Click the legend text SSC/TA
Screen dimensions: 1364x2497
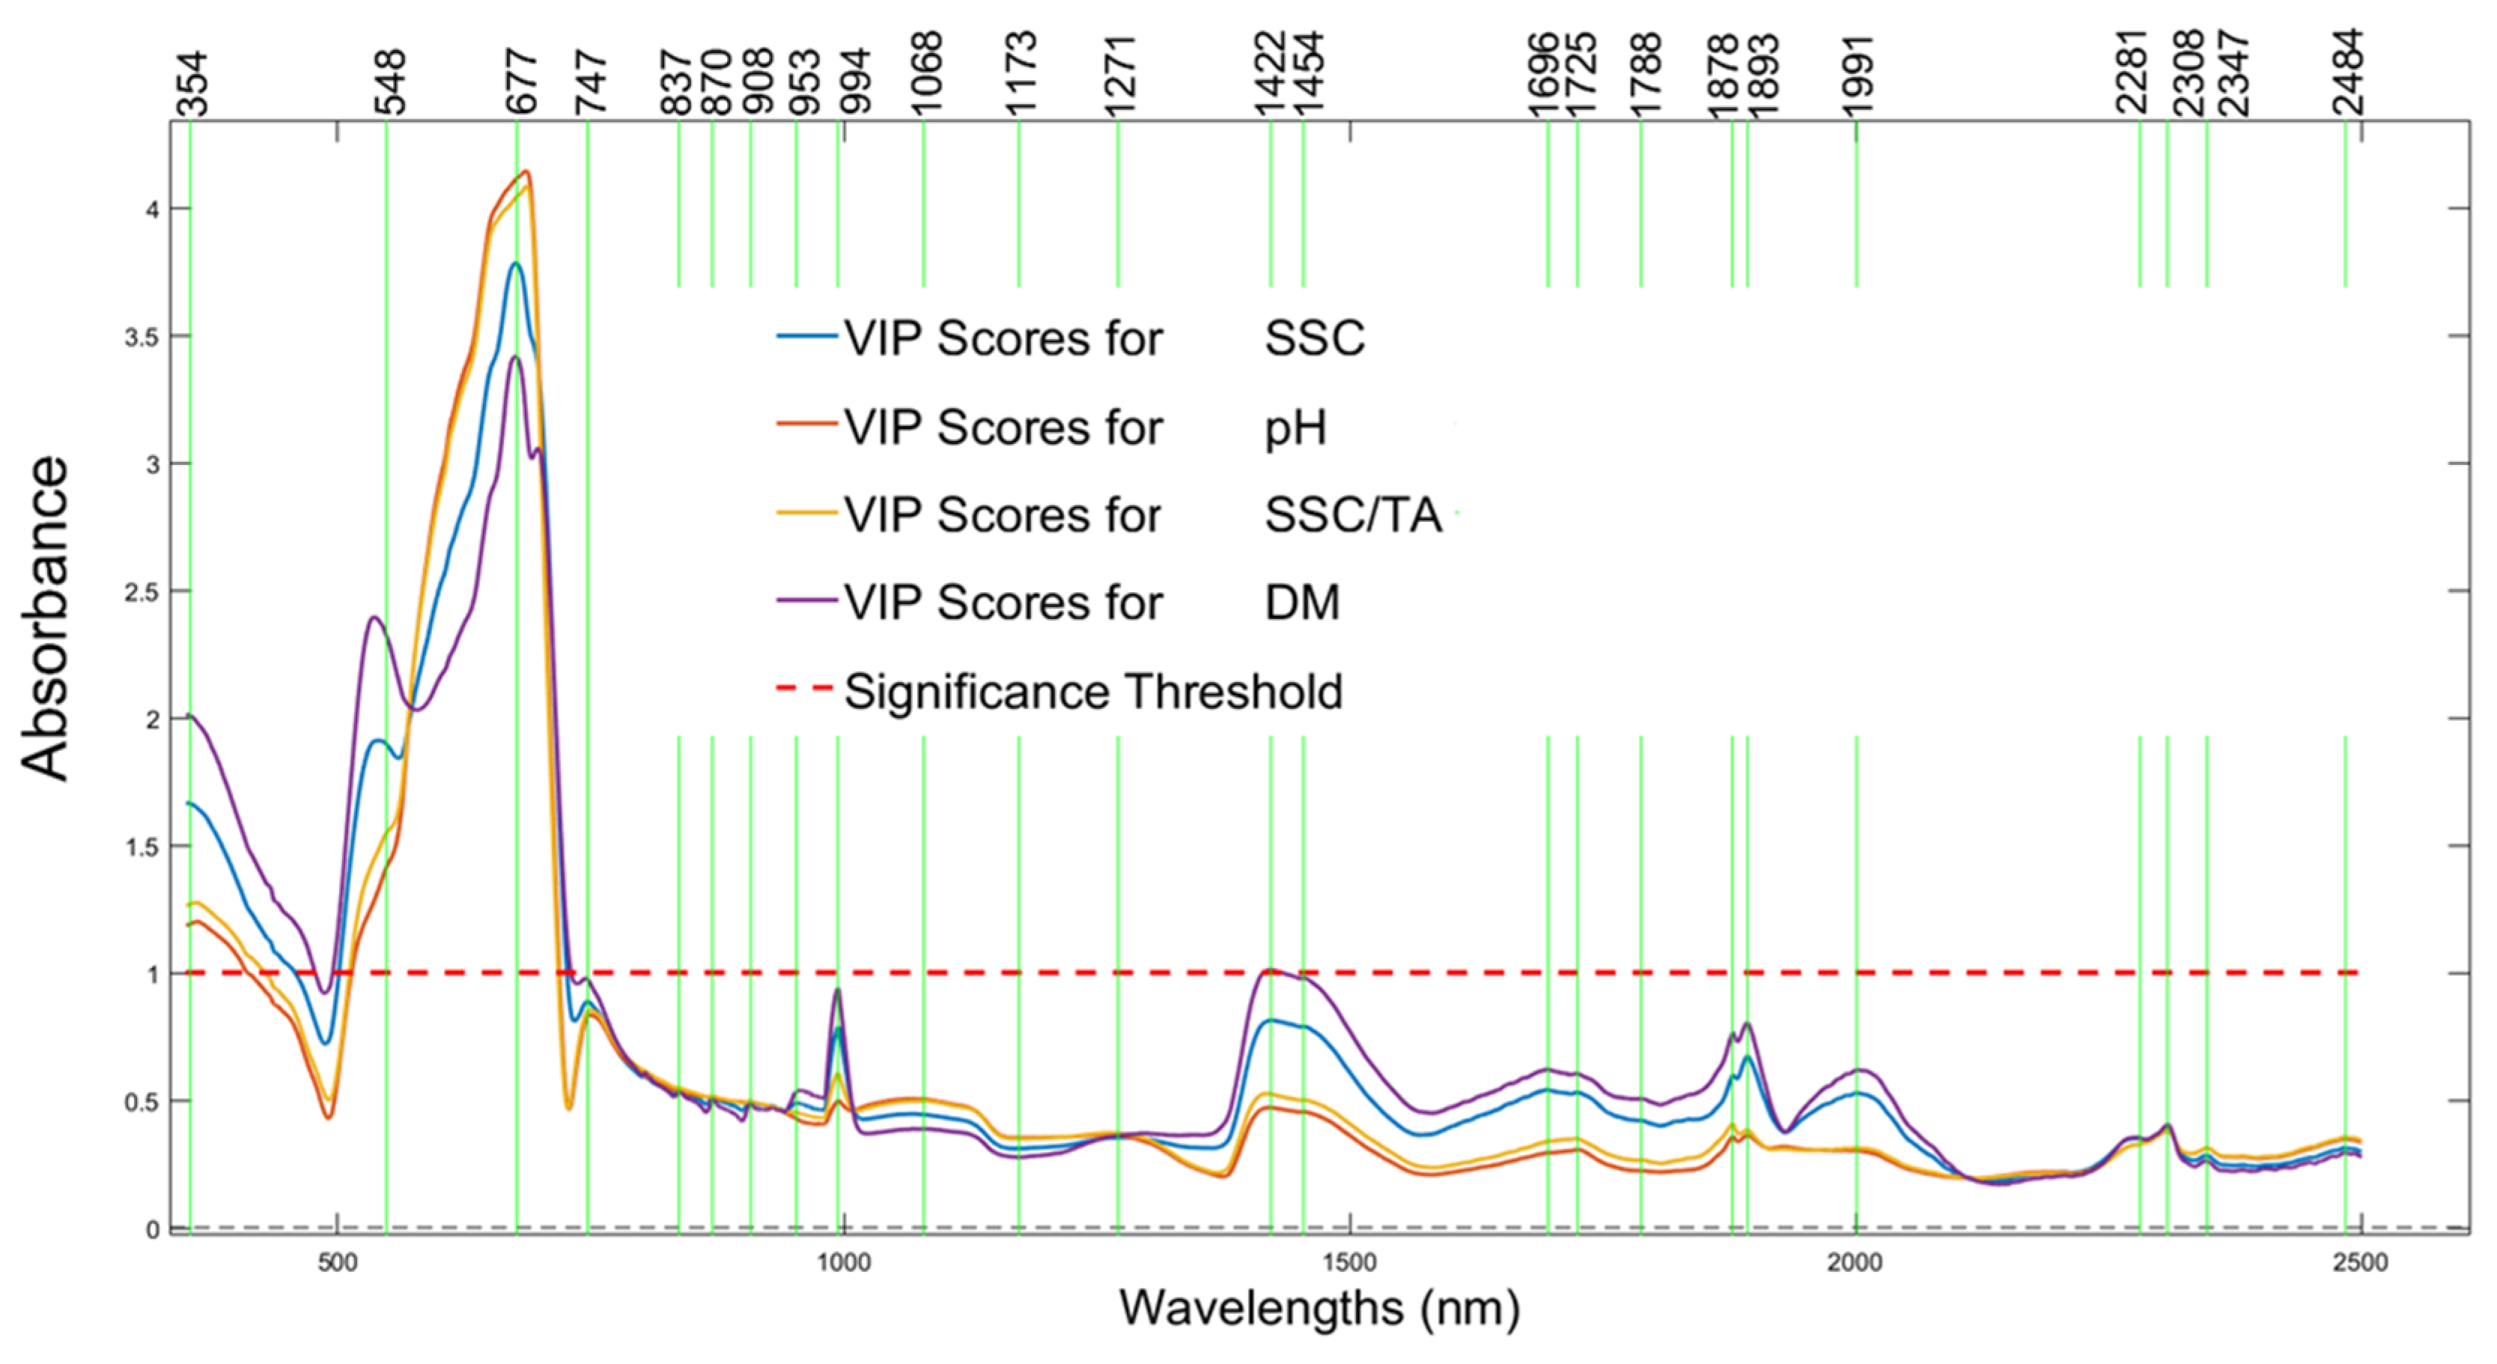pyautogui.click(x=1353, y=515)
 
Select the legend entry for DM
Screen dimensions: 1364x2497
pyautogui.click(x=1302, y=603)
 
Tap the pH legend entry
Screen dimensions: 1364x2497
pyautogui.click(x=1295, y=427)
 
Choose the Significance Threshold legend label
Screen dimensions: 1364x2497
pyautogui.click(x=1093, y=691)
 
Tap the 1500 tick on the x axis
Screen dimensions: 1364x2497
pyautogui.click(x=1349, y=1263)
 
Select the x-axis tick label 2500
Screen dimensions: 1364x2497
pyautogui.click(x=2360, y=1263)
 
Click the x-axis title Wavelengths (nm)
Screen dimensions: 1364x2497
pyautogui.click(x=1319, y=1308)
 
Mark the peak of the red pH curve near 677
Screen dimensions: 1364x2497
pyautogui.click(x=526, y=171)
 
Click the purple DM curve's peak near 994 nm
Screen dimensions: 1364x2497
pyautogui.click(x=838, y=989)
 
